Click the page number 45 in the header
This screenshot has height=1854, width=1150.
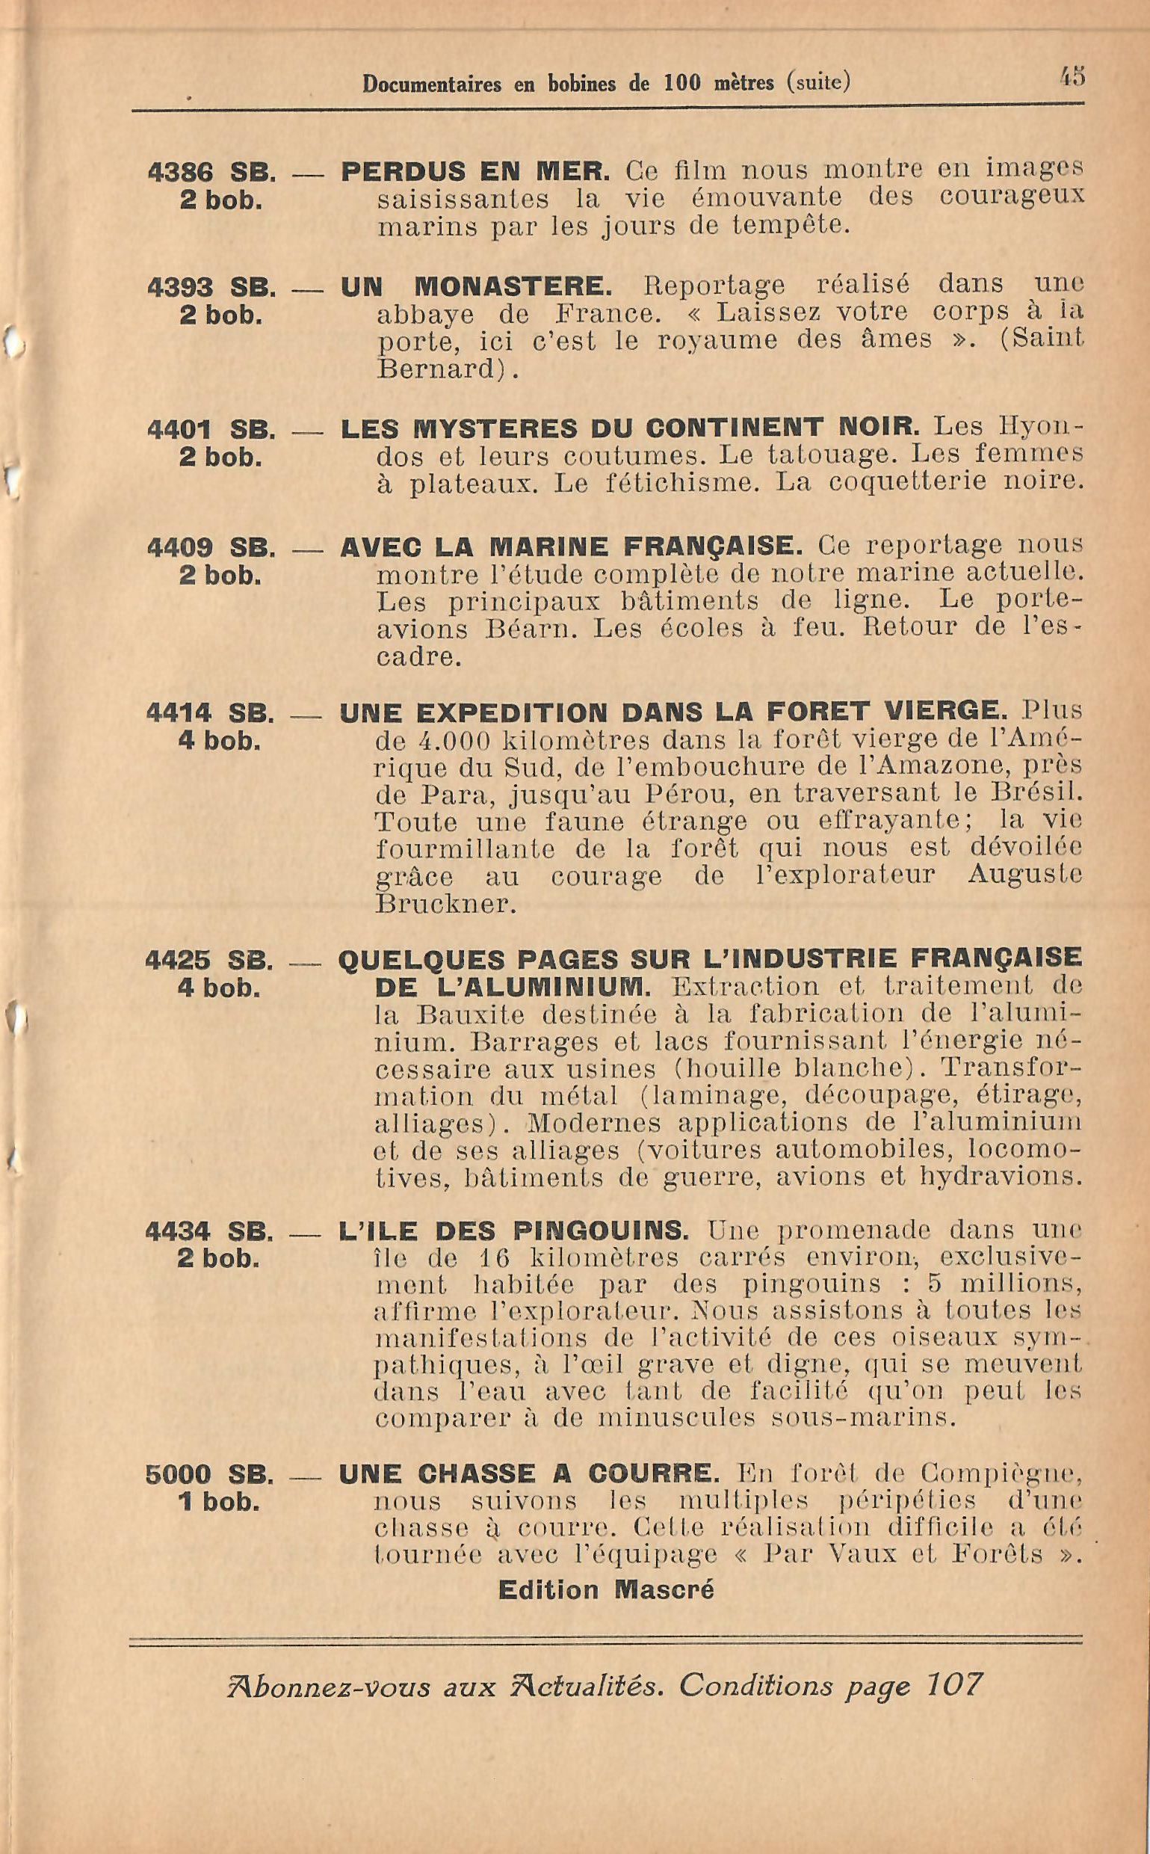(1072, 77)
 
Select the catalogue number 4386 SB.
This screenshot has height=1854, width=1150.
(211, 173)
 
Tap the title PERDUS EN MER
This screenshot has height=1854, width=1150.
(475, 172)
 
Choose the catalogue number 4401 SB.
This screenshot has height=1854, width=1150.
(211, 430)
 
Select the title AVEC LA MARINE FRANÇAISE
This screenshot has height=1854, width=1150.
(571, 547)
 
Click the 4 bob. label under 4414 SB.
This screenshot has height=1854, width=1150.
(220, 741)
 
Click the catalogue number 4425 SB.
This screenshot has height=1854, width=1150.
(209, 960)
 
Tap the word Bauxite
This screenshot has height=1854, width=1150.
(470, 1015)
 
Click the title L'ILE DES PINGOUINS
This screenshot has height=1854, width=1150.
(514, 1231)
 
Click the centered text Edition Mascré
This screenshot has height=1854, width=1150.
(606, 1589)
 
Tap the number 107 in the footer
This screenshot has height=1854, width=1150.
(953, 1686)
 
